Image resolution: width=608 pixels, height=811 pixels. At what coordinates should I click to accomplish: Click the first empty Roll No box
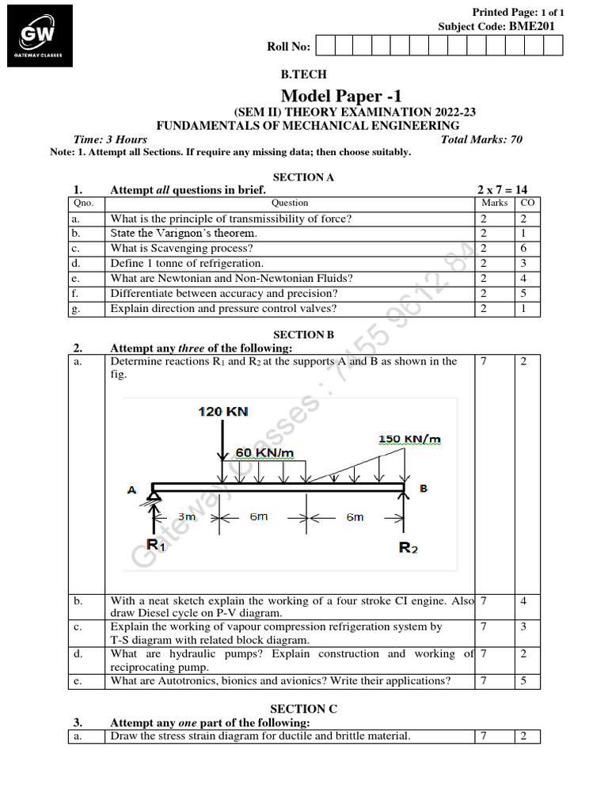click(323, 46)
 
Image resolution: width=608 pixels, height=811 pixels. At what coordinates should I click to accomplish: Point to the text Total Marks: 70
click(481, 139)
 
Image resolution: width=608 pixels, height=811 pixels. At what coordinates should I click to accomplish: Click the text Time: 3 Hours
click(110, 139)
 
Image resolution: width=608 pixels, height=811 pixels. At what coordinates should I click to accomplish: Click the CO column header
click(527, 204)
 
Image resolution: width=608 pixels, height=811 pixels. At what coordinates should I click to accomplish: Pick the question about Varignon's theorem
click(184, 234)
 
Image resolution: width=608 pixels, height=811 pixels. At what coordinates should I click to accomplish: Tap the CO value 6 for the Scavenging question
click(523, 249)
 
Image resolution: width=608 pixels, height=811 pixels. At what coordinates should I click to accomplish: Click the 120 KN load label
click(222, 412)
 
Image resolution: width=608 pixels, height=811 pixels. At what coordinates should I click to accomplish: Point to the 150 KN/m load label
click(410, 439)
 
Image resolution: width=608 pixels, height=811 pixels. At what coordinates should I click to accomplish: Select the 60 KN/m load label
click(264, 452)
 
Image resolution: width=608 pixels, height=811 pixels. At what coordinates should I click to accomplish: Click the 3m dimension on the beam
click(187, 516)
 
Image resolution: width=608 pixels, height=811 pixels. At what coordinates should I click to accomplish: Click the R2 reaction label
click(408, 548)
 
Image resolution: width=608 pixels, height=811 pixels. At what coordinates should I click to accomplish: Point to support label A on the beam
click(131, 490)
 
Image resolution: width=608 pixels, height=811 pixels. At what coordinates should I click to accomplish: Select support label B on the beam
click(424, 489)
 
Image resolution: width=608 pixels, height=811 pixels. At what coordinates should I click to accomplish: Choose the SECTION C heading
click(303, 709)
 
